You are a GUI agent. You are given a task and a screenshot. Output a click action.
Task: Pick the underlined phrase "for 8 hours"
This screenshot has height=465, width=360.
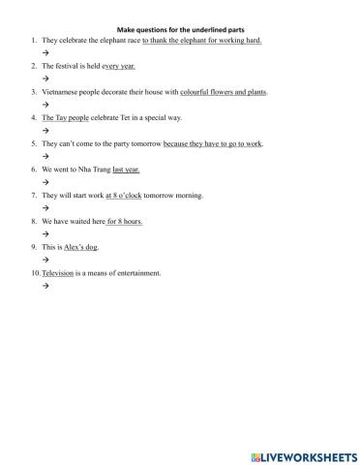[x=125, y=221]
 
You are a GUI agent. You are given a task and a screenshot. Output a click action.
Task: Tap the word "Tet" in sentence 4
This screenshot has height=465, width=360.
[x=135, y=117]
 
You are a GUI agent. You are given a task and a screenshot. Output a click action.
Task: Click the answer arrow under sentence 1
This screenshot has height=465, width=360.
[x=45, y=53]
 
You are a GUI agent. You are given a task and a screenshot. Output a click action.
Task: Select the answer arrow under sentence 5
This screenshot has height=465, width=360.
[x=45, y=156]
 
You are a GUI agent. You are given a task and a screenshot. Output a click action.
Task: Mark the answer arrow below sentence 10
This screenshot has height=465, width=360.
[x=45, y=286]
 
